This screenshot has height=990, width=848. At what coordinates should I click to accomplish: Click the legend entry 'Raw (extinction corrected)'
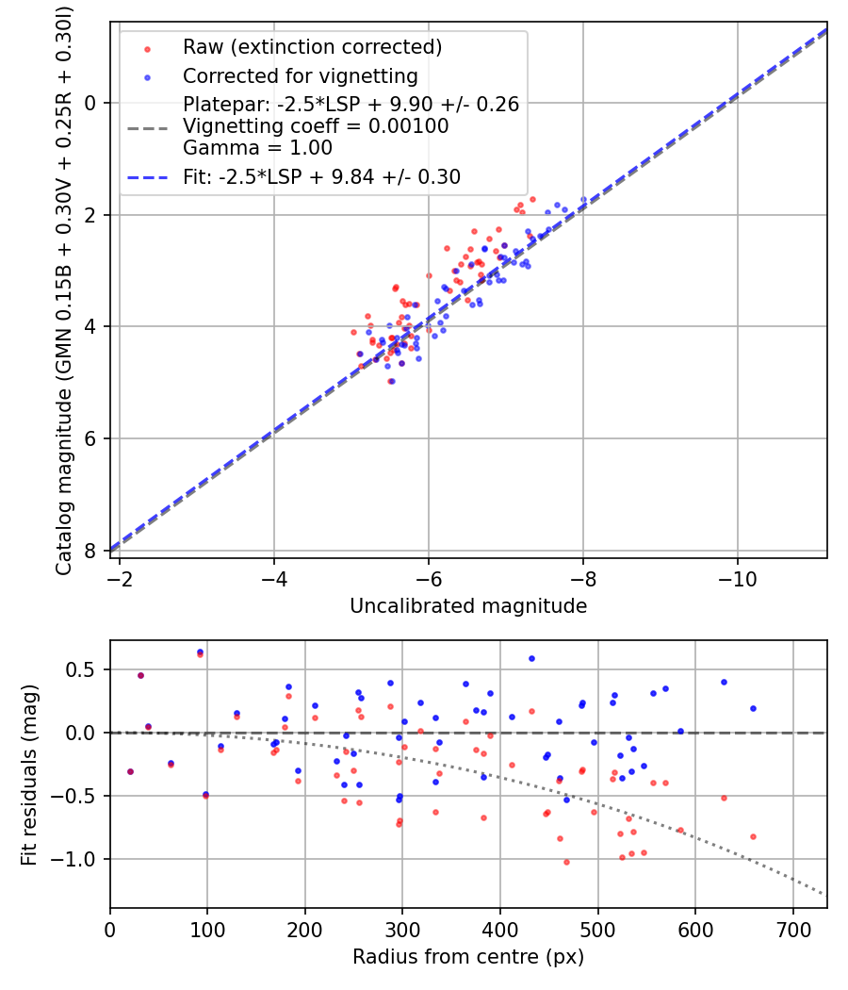312,47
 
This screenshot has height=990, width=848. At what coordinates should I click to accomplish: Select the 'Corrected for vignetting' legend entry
301,75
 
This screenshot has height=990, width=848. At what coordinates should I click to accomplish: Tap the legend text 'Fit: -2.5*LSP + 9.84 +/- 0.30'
321,177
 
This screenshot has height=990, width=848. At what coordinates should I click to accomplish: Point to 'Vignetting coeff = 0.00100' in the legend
316,126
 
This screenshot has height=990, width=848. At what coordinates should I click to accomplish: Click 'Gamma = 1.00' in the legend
257,148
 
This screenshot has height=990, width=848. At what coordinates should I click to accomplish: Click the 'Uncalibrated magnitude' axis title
468,606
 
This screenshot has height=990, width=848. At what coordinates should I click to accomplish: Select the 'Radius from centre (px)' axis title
468,957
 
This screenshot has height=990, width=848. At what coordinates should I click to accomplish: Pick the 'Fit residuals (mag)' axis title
29,774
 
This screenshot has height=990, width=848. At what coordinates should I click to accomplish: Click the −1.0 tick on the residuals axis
75,859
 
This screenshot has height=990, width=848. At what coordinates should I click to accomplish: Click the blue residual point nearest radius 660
753,708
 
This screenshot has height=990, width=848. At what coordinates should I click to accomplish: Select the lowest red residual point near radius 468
566,862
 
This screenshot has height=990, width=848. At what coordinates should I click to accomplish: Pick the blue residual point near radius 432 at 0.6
531,658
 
